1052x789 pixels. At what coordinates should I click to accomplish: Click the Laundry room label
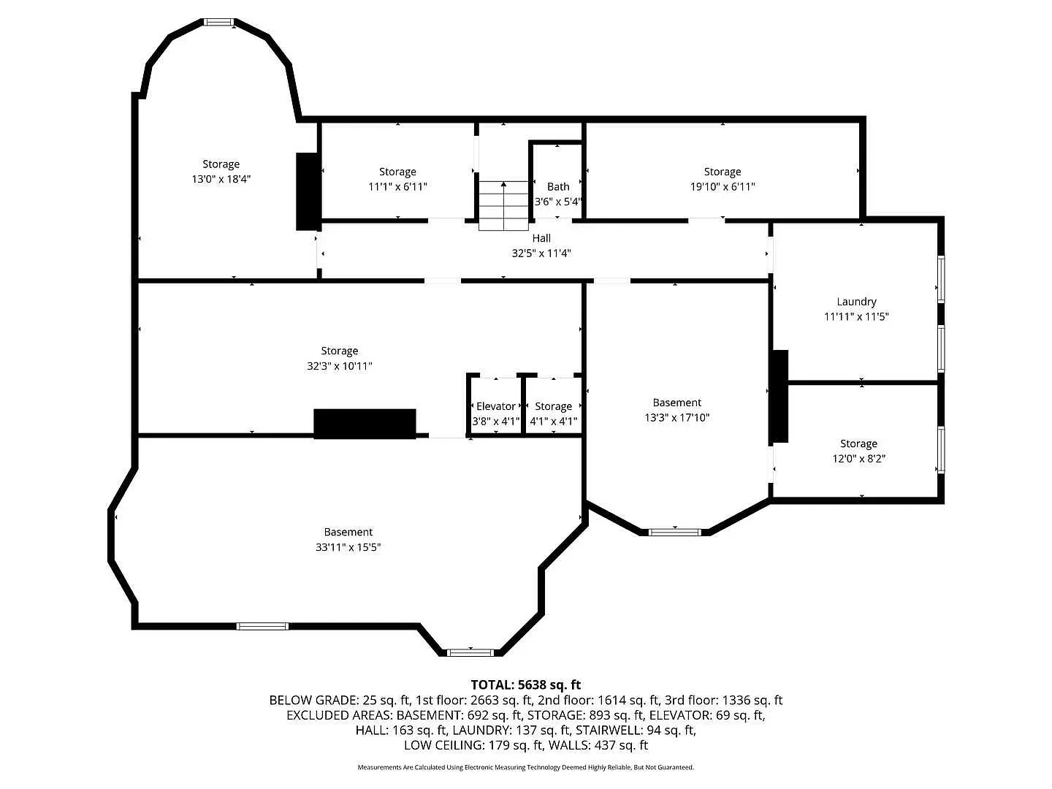pos(856,302)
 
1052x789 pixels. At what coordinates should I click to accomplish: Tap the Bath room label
pos(558,187)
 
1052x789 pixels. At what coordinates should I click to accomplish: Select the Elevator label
pos(495,406)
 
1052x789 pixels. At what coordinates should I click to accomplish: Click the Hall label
pos(541,238)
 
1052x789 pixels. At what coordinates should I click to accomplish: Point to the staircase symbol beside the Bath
pos(503,205)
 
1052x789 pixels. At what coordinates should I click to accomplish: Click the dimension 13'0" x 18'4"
pos(221,179)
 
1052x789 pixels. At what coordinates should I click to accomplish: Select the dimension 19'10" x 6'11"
pos(723,187)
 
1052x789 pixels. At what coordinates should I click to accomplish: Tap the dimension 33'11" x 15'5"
pos(348,547)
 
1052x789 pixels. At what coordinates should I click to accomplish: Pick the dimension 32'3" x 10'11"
pos(340,366)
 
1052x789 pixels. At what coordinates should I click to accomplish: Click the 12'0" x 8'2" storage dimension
pos(858,459)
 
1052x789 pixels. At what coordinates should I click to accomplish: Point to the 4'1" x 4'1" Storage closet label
pos(553,406)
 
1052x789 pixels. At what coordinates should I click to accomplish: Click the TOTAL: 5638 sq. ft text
pos(525,685)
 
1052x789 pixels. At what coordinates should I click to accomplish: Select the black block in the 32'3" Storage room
pos(365,424)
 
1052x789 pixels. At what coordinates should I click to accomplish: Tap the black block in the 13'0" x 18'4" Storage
pos(307,191)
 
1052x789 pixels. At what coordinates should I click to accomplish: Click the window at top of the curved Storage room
pos(218,23)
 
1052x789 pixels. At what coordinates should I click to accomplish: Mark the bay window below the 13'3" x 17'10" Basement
pos(675,532)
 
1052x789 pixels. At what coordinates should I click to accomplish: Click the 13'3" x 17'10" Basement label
pos(676,403)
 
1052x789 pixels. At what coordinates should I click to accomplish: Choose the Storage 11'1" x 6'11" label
pos(397,172)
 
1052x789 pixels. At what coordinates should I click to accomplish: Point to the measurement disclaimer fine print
pos(525,767)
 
